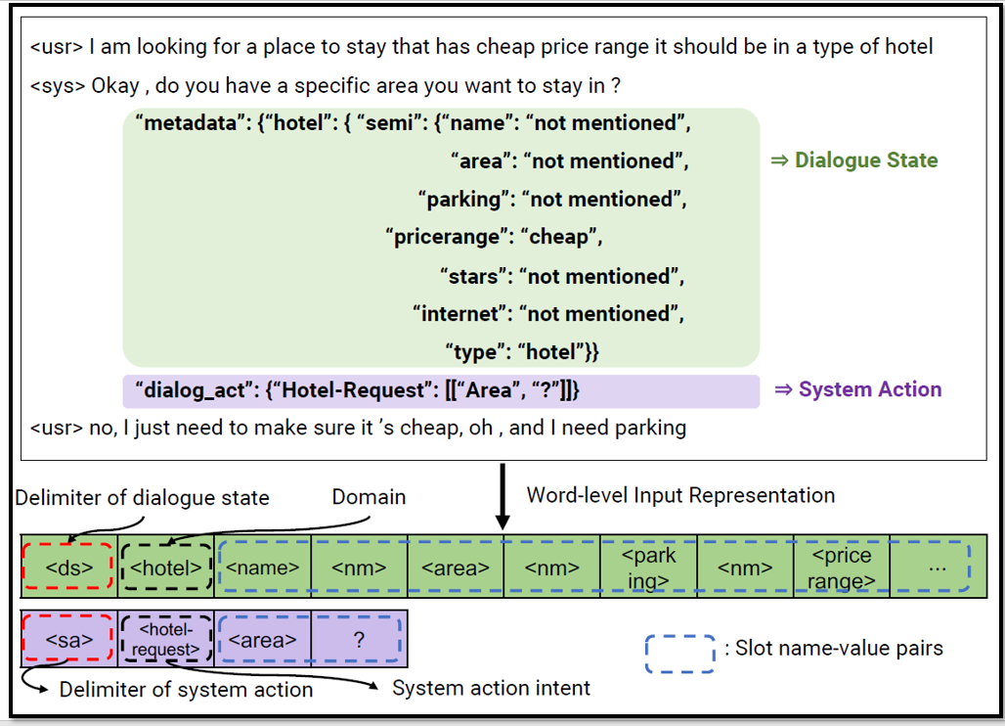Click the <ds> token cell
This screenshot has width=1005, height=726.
[x=69, y=566]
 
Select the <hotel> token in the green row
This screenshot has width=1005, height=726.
[x=165, y=566]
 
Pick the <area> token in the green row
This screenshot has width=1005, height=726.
[x=455, y=566]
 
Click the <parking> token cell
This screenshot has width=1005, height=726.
[x=648, y=566]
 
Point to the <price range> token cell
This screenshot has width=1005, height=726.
[x=841, y=566]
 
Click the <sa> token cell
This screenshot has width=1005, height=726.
[x=69, y=641]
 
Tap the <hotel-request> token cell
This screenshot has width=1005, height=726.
[x=165, y=641]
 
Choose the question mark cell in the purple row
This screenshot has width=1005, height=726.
[x=358, y=641]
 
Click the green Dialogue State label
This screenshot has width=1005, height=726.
[x=865, y=160]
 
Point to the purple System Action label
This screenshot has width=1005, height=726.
[x=869, y=389]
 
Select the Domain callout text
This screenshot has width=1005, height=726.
[x=369, y=497]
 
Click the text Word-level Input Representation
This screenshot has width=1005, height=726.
[x=680, y=495]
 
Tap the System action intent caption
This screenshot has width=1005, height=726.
[x=491, y=689]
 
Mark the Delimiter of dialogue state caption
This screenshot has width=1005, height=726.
[x=142, y=498]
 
